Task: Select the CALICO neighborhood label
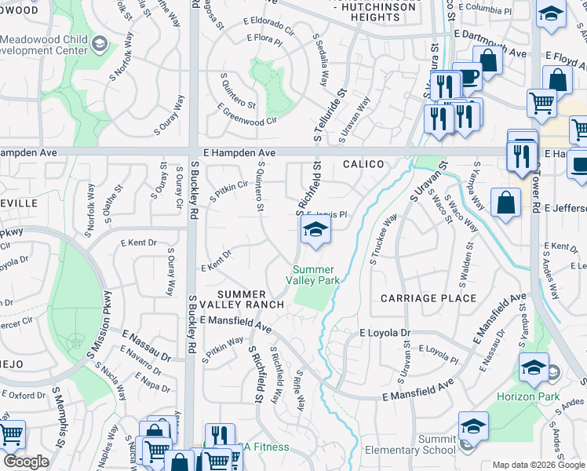(363, 164)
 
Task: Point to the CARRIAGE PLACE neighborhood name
(428, 298)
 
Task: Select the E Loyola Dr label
(385, 333)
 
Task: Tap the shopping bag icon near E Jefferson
(506, 203)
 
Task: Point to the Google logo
(27, 462)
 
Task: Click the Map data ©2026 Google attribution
(538, 465)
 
